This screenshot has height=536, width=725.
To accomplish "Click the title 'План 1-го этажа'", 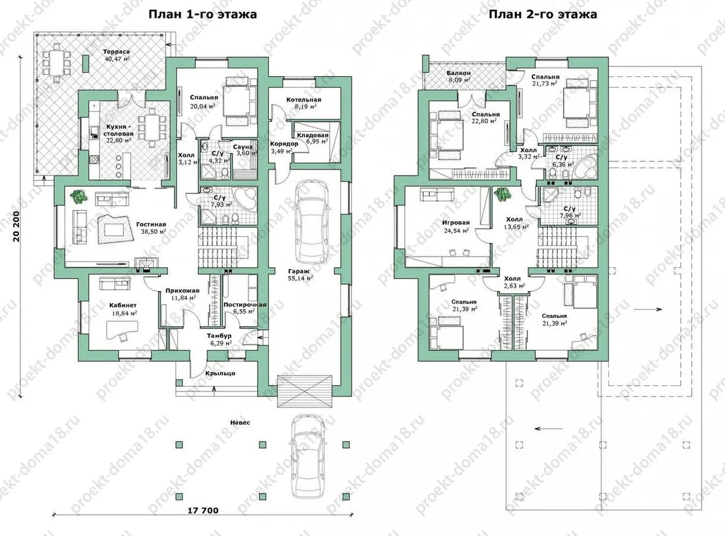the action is pos(202,15).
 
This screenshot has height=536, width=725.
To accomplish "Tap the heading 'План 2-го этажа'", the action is pos(543,15).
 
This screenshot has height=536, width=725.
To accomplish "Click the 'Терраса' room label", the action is pos(117,52).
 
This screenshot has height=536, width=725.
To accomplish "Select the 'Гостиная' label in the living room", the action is pos(151,224).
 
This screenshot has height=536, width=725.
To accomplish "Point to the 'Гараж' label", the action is pos(298,271).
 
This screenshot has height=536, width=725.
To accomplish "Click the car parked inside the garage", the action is pos(312,220).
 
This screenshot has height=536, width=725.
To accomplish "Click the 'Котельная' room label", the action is pos(304,100).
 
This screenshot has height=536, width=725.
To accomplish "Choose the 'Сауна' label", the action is pos(243,147).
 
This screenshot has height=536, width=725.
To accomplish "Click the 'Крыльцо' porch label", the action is pos(221,373).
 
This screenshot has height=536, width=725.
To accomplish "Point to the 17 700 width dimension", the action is pos(202,510).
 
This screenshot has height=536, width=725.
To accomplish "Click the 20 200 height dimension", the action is pos(16,227).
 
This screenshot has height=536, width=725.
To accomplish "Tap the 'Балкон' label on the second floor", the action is pos(459,73).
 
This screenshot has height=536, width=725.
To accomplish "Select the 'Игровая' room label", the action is pos(456,223).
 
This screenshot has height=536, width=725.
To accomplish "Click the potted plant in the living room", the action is pos(79,197).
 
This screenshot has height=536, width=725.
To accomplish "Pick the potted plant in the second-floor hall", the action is pos(503,194).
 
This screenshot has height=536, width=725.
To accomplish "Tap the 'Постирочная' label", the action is pos(245,305).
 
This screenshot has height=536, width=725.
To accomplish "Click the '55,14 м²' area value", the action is pos(300,279).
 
